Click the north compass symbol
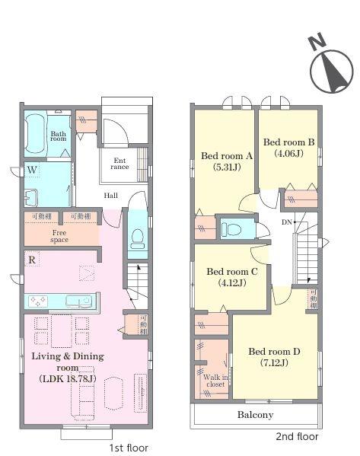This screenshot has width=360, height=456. click(x=332, y=68)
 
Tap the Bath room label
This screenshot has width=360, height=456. click(x=58, y=136)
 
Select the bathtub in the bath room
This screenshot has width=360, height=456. click(x=35, y=133)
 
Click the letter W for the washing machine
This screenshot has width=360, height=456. click(x=32, y=170)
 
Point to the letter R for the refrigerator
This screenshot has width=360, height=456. click(x=32, y=260)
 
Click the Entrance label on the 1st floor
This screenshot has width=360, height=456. click(x=119, y=164)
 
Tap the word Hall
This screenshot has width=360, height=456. click(x=111, y=196)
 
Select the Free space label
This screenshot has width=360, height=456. click(x=59, y=236)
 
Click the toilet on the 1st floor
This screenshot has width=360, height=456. click(x=138, y=239)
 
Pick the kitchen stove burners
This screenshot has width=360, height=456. click(x=38, y=301)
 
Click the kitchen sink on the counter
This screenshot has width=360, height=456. click(x=79, y=301)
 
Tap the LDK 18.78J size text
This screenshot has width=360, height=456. click(x=68, y=378)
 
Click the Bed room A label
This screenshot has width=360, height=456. click(x=227, y=156)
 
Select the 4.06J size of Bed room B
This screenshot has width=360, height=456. click(x=288, y=153)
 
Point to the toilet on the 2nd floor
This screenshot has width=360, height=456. click(x=231, y=229)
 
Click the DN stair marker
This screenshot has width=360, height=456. click(x=287, y=222)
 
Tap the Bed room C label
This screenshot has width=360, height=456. click(x=232, y=272)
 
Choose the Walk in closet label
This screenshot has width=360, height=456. click(x=215, y=381)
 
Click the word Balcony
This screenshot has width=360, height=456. click(x=255, y=415)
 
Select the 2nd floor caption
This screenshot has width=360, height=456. click(x=297, y=436)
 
